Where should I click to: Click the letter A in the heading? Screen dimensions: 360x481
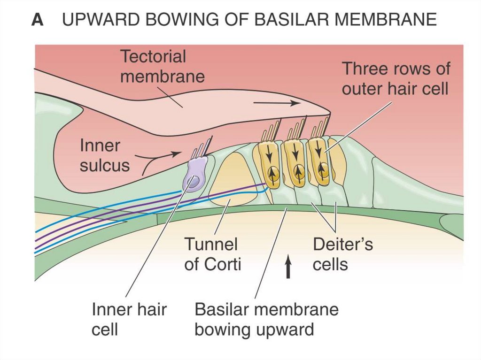(38, 20)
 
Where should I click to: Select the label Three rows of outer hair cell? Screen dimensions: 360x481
(395, 78)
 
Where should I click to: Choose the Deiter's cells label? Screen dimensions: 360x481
(342, 254)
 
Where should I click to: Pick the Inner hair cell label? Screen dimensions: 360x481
(129, 319)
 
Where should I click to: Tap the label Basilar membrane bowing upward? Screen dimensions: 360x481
(266, 319)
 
